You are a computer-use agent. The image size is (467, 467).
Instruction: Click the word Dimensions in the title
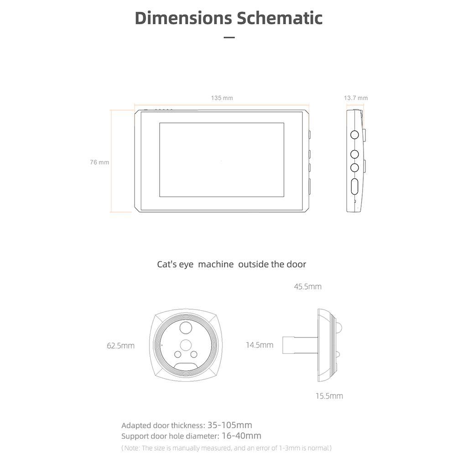point(183,18)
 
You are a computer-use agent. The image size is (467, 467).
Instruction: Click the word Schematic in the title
point(280,18)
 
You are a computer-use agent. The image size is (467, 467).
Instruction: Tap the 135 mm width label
point(222,98)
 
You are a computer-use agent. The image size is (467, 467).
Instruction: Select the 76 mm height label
point(99,162)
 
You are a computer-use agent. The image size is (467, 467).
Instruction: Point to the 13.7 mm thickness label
point(356,98)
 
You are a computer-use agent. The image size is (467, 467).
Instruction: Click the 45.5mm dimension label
point(307,287)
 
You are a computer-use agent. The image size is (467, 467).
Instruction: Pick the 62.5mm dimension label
point(120,346)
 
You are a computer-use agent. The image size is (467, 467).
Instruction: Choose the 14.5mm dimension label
point(259,345)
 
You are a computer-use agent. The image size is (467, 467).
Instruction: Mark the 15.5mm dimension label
point(329,396)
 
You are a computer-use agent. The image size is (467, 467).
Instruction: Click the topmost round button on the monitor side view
point(354,135)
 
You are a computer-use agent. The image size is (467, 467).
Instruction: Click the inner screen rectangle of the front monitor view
point(222,160)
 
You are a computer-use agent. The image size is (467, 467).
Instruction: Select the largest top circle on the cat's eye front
point(186,327)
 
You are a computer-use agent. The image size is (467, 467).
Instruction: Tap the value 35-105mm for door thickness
point(229,425)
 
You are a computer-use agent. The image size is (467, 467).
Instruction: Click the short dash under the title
point(229,37)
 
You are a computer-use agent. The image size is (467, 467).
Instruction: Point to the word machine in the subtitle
point(216,265)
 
